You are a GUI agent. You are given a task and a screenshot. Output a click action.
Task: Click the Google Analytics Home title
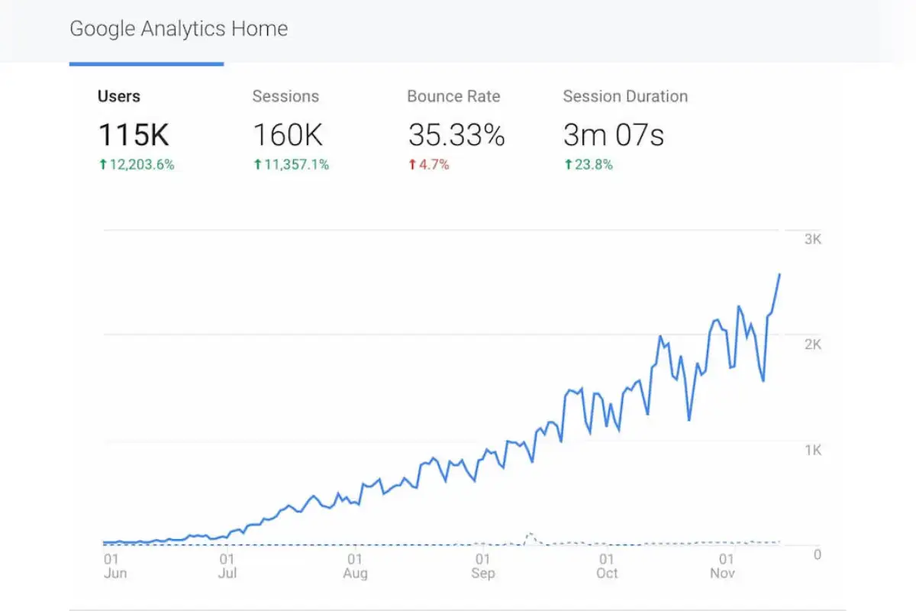(x=179, y=30)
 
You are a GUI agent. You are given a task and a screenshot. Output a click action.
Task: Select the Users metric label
(x=119, y=96)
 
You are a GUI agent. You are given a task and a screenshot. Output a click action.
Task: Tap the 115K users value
(x=134, y=135)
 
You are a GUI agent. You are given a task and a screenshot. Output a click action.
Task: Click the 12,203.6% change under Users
(x=137, y=164)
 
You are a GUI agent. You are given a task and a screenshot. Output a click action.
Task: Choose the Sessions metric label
(x=285, y=96)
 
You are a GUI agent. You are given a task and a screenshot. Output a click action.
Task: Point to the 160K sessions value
(x=288, y=135)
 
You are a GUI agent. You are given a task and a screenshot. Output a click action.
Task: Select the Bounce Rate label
(x=453, y=96)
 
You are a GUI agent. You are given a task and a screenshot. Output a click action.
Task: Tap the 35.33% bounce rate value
(x=456, y=135)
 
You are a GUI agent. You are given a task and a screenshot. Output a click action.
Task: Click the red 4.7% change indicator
(x=429, y=164)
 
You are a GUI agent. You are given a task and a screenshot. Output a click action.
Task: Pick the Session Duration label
(x=625, y=96)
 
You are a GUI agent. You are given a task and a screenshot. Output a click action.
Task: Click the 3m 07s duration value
(x=614, y=135)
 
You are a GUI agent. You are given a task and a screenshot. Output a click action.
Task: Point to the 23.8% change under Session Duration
(x=589, y=164)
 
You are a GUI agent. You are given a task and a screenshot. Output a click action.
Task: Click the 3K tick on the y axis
(x=812, y=239)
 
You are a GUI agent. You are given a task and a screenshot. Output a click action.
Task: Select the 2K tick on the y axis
(x=812, y=344)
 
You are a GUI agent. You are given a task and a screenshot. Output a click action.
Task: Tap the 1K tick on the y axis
(x=812, y=450)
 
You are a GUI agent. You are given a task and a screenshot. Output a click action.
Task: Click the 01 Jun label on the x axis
(x=114, y=566)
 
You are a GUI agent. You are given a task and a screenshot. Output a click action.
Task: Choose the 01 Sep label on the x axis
(x=482, y=566)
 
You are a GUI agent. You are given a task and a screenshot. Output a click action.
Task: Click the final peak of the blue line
(x=779, y=274)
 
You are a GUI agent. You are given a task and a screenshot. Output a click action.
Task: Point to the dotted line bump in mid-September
(x=529, y=535)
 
